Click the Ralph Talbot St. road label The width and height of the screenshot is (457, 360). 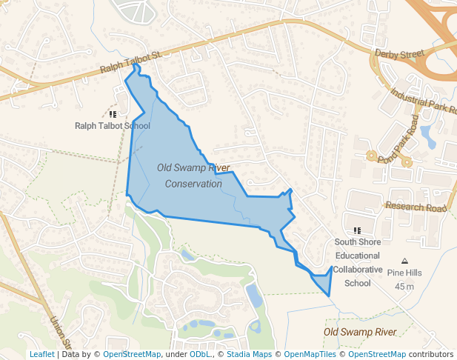click(131, 63)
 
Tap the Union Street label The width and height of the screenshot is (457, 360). click(59, 334)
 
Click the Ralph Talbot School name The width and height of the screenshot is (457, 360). click(113, 126)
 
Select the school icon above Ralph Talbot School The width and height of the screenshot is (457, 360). click(113, 114)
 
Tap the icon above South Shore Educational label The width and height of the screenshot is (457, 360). click(358, 231)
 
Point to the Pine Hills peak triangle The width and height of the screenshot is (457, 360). click(404, 261)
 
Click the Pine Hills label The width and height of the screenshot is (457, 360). click(404, 273)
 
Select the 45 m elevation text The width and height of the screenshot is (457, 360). click(404, 286)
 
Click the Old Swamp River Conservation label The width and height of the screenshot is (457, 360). click(193, 176)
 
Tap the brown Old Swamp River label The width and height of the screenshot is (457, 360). click(360, 331)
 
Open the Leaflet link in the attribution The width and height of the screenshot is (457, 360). click(42, 355)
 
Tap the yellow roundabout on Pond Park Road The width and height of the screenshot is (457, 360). click(370, 156)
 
